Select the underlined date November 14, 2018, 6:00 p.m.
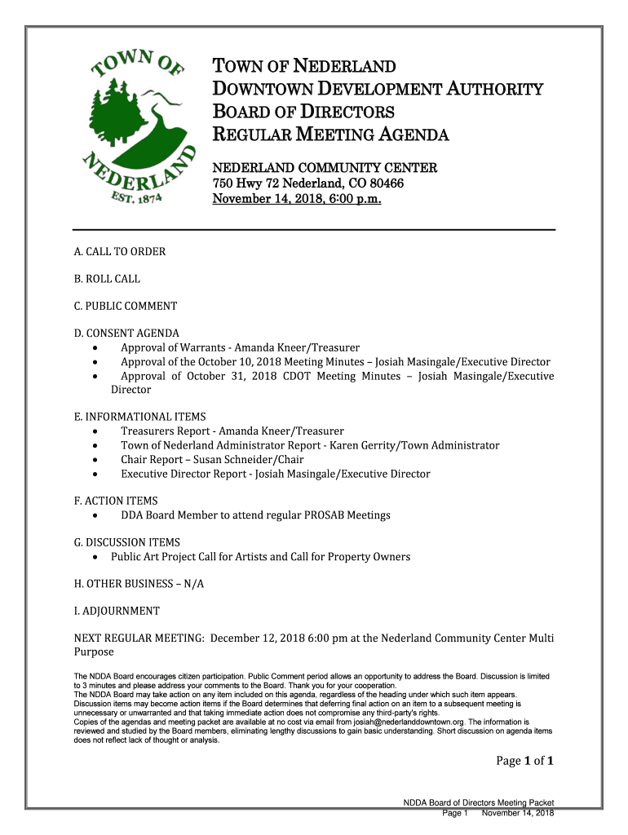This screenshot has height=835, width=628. click(x=296, y=199)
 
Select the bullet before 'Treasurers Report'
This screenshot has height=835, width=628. click(x=97, y=431)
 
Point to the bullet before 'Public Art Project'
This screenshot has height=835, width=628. click(x=96, y=557)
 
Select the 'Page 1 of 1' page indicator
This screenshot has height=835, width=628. click(x=525, y=762)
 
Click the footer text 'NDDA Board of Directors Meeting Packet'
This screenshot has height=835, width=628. click(x=479, y=803)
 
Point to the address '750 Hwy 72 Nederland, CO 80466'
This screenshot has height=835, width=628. click(x=308, y=183)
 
